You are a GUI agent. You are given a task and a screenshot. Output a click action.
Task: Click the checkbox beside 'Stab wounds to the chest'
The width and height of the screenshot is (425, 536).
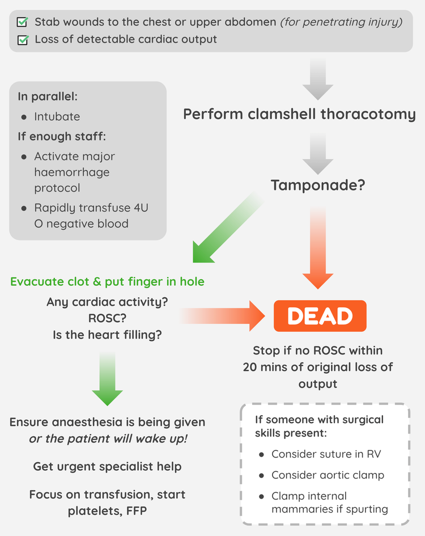coord(23,22)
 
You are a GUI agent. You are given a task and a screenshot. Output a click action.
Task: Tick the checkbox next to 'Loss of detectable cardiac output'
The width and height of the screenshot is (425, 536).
coord(23,40)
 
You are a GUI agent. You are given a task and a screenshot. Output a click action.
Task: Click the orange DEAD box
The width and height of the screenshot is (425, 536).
coord(320,316)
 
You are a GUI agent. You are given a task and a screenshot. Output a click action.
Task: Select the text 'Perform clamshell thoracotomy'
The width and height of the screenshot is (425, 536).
coord(299,114)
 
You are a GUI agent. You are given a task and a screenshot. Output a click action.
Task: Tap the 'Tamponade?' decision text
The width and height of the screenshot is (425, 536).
coord(317,185)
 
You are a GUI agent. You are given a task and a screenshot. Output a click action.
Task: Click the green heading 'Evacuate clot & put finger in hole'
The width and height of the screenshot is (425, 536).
coord(107,281)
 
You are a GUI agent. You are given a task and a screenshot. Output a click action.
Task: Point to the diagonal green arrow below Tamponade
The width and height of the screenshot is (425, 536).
coord(227,227)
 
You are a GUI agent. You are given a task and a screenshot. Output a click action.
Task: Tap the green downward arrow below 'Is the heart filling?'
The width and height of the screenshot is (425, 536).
coord(107,377)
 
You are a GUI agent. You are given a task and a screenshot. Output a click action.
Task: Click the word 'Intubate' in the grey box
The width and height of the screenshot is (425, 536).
coord(57,116)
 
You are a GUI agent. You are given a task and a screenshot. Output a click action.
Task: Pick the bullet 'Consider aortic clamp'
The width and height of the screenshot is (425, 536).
coord(328,475)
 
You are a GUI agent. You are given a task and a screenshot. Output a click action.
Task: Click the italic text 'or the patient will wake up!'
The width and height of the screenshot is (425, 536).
coord(107,439)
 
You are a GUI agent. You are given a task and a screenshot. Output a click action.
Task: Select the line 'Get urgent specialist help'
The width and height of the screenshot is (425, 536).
coord(107,467)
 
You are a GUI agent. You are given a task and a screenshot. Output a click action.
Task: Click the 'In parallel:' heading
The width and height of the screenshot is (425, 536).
coord(48,96)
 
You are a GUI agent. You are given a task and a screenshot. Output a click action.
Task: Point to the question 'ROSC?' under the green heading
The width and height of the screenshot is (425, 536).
coord(107,318)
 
